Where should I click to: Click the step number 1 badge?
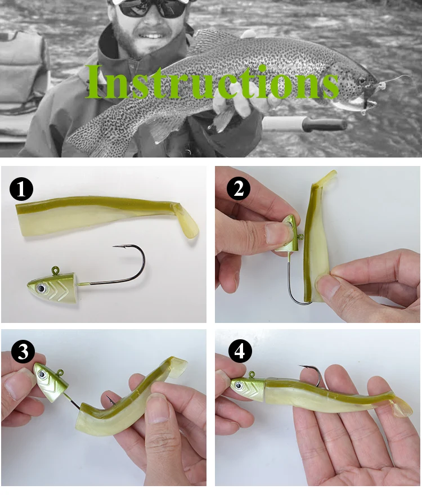tap(21, 189)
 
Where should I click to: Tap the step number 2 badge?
tap(239, 188)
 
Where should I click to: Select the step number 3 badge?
tap(23, 352)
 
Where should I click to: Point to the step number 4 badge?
tap(240, 351)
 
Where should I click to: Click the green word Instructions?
tap(212, 82)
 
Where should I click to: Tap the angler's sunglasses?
tap(151, 8)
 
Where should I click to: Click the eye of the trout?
tap(362, 80)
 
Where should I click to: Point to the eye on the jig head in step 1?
tap(41, 288)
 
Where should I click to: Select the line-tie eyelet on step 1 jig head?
tap(56, 271)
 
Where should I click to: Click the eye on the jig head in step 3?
tap(42, 374)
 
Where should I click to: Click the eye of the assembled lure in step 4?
tap(238, 385)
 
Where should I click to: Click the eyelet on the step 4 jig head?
tap(252, 374)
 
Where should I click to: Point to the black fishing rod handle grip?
tap(325, 124)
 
